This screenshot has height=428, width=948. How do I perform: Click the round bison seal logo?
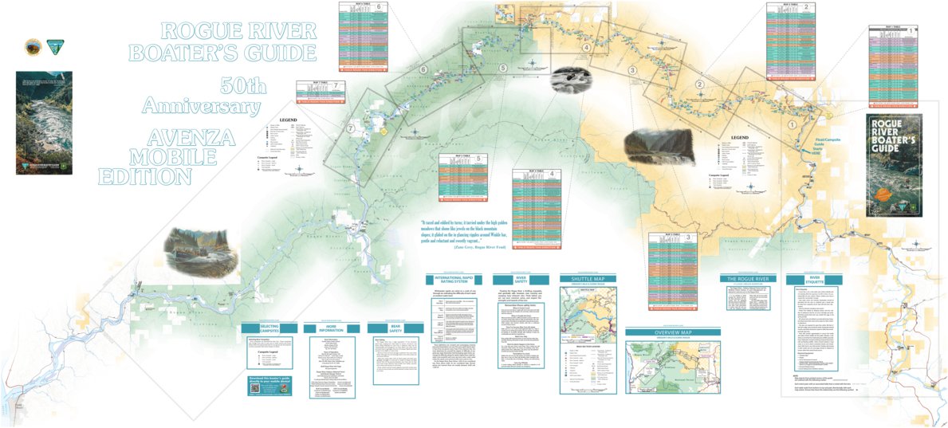[33, 47]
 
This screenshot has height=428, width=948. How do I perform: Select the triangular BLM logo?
[55, 47]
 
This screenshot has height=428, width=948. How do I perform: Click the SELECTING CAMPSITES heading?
[269, 328]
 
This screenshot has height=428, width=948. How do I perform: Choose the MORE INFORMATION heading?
[329, 328]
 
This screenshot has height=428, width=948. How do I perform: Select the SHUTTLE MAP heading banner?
[588, 279]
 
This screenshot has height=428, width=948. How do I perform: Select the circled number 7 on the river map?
[351, 129]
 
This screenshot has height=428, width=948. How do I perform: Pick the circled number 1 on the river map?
[792, 124]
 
